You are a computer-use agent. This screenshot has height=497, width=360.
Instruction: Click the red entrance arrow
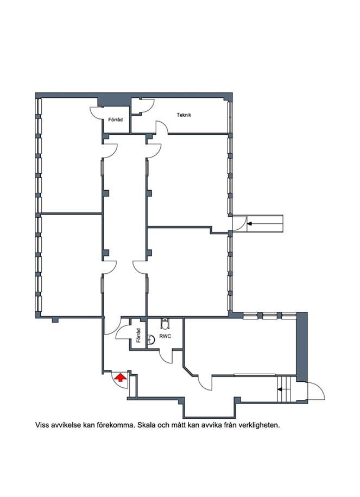(120, 377)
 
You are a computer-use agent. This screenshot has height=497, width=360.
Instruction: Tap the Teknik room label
(184, 115)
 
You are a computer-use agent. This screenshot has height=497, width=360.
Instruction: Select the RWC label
(166, 336)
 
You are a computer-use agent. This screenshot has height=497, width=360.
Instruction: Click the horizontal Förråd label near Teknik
(115, 120)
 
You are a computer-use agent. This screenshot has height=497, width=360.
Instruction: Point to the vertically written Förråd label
(138, 335)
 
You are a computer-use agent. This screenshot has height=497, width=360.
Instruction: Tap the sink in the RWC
(151, 340)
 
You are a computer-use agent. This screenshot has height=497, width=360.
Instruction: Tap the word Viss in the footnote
(42, 425)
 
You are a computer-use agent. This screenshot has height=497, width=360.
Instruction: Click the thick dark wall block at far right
(302, 347)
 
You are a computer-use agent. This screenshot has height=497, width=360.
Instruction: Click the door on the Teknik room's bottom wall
(162, 128)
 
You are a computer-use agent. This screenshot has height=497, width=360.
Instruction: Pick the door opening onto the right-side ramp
(240, 223)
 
